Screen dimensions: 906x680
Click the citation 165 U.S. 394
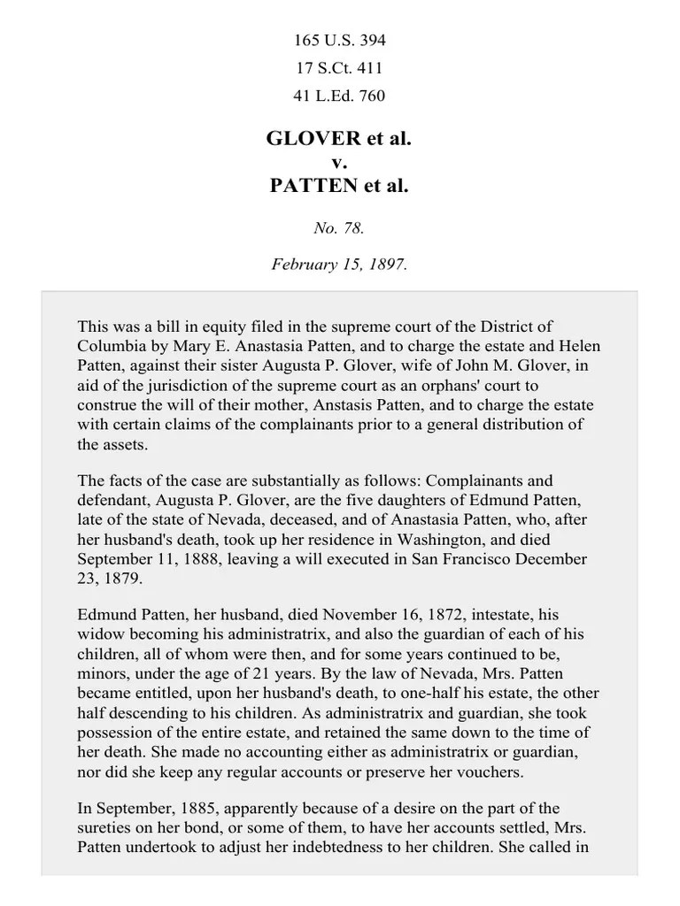click(339, 41)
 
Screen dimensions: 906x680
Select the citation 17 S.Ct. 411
click(339, 68)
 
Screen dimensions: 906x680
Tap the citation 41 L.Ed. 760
click(339, 96)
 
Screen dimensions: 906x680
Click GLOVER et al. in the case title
click(339, 140)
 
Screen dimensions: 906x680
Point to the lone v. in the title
click(339, 163)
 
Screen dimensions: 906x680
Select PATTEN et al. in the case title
click(339, 186)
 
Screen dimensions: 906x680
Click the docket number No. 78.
click(339, 228)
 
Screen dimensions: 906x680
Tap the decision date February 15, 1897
click(339, 265)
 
